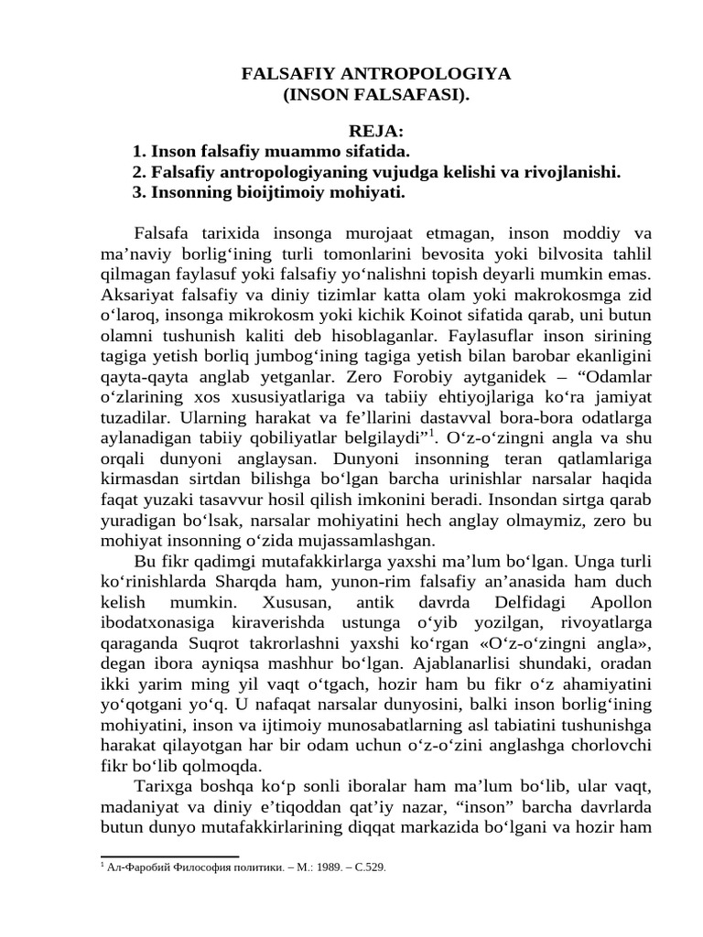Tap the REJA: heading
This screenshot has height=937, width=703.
(x=377, y=132)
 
